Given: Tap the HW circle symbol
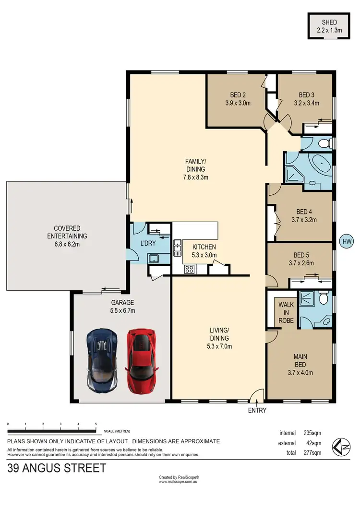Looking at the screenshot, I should click(345, 241).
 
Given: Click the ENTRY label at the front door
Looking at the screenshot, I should click(257, 410).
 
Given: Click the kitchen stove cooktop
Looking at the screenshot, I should click(189, 269).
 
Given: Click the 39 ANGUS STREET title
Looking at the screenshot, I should click(57, 468).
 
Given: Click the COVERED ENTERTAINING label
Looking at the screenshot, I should click(67, 232).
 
